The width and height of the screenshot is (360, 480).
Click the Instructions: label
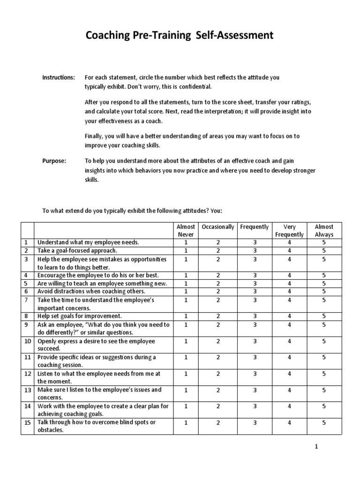59,77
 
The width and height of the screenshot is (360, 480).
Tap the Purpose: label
54,160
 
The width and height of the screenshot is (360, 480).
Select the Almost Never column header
186,230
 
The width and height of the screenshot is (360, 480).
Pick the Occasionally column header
217,227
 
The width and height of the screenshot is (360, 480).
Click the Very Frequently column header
290,230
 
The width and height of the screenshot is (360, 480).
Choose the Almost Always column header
324,230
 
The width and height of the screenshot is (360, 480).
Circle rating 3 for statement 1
255,242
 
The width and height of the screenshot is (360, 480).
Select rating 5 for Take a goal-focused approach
324,251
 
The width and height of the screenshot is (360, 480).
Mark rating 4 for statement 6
290,292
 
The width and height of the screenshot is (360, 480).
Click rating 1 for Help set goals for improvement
186,316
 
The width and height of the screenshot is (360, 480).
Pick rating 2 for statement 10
217,341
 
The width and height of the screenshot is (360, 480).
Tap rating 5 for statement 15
324,422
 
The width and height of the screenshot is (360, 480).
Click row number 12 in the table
27,374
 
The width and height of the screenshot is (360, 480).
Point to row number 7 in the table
27,300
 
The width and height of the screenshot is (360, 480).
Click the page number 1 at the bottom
316,447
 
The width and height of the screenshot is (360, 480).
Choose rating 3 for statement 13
255,390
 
